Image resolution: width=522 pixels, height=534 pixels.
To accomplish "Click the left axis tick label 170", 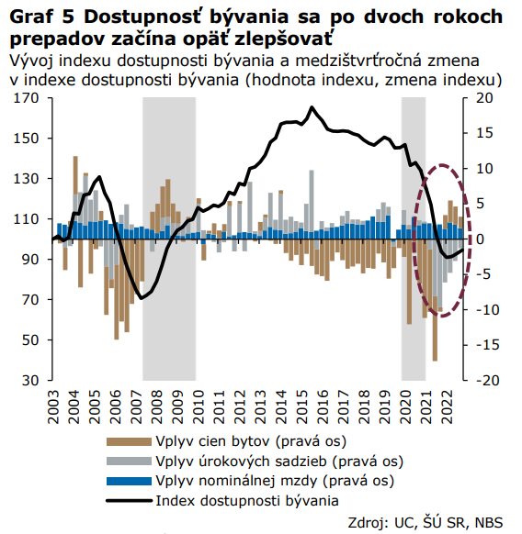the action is tap(26, 98).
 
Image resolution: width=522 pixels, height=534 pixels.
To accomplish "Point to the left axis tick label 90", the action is tap(30, 259).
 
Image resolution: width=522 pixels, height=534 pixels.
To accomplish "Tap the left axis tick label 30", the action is tap(30, 380).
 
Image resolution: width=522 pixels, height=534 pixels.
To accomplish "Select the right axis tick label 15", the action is tap(484, 133).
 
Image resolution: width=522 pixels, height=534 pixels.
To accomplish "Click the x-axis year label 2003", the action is tap(54, 407).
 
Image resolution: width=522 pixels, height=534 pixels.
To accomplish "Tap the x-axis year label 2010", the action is tap(199, 407).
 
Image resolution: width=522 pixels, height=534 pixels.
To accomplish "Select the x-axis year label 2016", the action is tap(323, 407).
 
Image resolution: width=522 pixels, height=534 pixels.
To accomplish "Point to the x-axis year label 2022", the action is tap(447, 407).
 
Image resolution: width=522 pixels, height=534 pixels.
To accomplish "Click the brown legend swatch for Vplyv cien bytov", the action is tap(129, 441).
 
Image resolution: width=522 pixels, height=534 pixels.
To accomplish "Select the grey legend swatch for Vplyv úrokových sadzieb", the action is tap(129, 462).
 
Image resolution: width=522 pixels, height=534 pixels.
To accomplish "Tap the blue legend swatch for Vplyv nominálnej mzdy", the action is tap(129, 481).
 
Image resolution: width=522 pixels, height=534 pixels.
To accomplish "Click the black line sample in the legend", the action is tap(129, 501).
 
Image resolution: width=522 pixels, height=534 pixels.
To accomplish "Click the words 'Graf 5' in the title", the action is tap(42, 17).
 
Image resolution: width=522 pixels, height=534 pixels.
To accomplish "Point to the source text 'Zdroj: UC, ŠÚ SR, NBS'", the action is tap(426, 522).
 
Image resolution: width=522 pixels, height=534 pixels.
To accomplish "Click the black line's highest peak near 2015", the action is tap(312, 107).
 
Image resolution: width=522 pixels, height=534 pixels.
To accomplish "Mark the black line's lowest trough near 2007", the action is tap(142, 299).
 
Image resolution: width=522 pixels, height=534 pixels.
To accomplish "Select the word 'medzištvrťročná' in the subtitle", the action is tap(358, 61).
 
